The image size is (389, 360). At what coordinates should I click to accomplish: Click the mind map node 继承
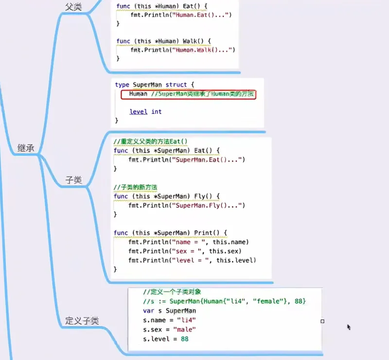click(26, 148)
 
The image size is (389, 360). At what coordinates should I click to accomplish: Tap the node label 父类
click(73, 7)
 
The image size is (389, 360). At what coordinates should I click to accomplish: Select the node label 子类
click(73, 181)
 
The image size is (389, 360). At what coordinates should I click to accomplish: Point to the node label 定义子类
click(82, 321)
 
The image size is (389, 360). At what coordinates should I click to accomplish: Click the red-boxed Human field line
click(188, 94)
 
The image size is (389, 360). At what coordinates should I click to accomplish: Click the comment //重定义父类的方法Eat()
click(150, 142)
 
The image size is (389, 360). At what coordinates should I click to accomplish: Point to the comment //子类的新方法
click(136, 188)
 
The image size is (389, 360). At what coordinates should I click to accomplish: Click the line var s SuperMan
click(169, 310)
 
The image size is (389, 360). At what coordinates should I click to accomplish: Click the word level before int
click(139, 112)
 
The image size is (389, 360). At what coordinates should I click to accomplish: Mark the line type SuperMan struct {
click(154, 85)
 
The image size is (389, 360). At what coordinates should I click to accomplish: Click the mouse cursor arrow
click(349, 327)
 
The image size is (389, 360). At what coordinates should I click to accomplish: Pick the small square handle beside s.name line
click(322, 321)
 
